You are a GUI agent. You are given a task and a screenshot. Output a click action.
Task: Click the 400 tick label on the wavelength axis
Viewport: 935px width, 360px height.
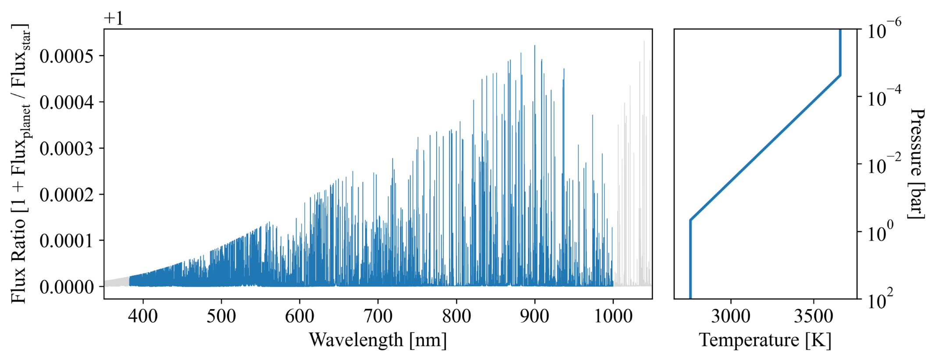[x=143, y=316]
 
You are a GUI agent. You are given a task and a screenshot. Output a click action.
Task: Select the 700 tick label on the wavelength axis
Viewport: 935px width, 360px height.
[x=378, y=316]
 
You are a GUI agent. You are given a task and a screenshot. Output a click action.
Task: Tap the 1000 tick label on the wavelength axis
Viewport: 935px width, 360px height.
[x=613, y=316]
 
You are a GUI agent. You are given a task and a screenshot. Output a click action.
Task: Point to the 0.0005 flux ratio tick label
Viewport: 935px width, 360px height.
[x=67, y=56]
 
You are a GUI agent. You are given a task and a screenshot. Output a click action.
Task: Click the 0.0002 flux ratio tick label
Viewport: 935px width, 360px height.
[x=67, y=194]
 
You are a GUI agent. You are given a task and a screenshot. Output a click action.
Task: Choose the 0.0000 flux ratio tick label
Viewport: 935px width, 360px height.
[x=67, y=287]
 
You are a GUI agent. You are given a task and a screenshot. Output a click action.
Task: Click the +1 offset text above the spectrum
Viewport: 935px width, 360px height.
[x=114, y=18]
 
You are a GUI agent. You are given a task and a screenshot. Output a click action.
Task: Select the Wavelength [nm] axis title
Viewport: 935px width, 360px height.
[x=378, y=340]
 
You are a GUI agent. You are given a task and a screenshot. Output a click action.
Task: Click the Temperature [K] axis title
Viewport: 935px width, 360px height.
[x=765, y=340]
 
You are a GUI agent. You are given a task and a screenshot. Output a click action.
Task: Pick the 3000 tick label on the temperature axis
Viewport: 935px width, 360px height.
[x=731, y=316]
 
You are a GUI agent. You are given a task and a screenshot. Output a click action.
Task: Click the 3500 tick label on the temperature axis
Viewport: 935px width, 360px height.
[x=814, y=316]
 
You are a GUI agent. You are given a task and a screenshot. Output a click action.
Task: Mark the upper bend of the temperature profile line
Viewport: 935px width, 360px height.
[x=840, y=75]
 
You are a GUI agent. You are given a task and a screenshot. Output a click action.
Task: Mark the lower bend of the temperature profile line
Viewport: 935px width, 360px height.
[x=690, y=220]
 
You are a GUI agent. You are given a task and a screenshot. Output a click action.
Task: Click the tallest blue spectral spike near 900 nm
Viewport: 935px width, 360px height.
[x=534, y=46]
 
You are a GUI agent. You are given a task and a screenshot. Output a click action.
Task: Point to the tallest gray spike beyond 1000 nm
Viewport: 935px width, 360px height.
[x=644, y=42]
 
